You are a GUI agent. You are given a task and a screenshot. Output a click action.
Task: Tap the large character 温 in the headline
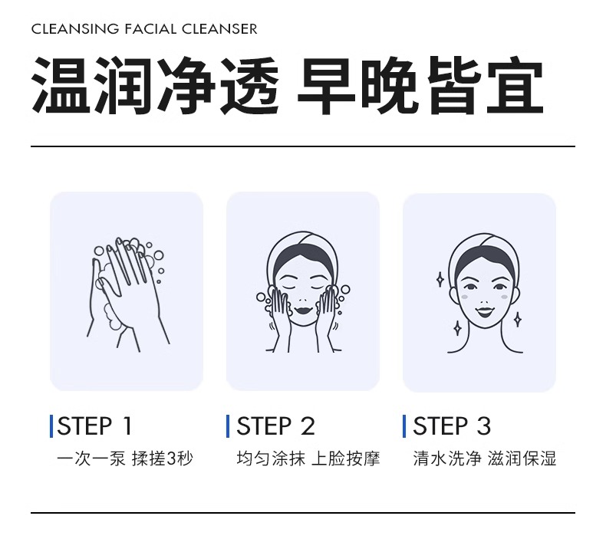click(x=59, y=85)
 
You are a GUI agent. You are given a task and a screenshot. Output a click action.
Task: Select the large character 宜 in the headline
click(x=515, y=85)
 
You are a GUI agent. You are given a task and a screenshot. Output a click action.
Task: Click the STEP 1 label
click(x=94, y=426)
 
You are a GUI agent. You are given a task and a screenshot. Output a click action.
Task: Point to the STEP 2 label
click(x=275, y=426)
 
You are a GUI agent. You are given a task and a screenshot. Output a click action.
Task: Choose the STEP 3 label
click(x=452, y=426)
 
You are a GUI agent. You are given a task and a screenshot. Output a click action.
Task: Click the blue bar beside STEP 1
click(x=51, y=426)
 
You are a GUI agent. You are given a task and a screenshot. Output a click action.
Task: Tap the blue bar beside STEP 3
click(x=404, y=426)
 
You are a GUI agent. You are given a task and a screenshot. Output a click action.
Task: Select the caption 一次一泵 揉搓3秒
click(x=125, y=459)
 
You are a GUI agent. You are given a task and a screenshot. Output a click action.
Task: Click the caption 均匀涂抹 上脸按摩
click(x=308, y=459)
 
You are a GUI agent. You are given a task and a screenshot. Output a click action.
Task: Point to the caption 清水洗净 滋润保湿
click(x=485, y=459)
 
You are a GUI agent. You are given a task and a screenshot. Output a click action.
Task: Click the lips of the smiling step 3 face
click(x=485, y=311)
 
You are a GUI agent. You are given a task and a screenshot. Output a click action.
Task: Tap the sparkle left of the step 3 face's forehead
click(x=440, y=279)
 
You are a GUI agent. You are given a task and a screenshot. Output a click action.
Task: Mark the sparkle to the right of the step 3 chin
click(x=518, y=319)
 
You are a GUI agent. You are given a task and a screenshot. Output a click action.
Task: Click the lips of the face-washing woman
click(x=302, y=310)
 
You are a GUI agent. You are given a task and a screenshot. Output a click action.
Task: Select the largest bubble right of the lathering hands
click(x=159, y=256)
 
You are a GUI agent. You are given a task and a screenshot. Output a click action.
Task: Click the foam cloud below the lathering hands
click(x=113, y=317)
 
